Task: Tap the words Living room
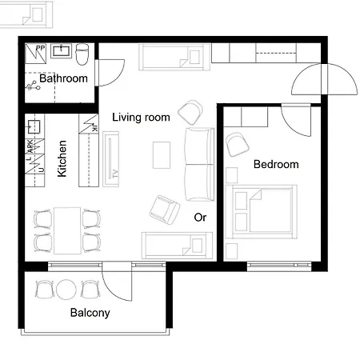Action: point(141,118)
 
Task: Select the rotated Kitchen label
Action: point(62,158)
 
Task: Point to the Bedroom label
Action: point(275,165)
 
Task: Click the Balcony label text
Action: point(90,313)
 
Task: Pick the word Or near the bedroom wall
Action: point(200,217)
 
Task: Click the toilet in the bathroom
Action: point(81,53)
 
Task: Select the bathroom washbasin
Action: point(62,51)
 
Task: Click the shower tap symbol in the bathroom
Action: point(33,85)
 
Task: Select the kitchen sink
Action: point(34,126)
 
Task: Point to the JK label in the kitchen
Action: point(93,126)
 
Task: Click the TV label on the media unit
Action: point(115,173)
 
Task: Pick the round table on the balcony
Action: point(67,289)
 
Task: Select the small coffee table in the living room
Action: point(162,154)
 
